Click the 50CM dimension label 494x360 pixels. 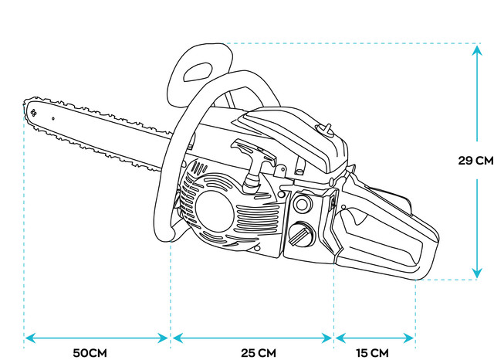[x=90, y=353]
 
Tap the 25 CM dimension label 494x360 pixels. [x=258, y=353]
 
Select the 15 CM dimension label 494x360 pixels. [x=372, y=353]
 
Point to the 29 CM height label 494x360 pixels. [x=475, y=161]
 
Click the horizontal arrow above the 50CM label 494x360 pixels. [x=96, y=338]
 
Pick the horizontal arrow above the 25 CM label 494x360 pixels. [x=252, y=338]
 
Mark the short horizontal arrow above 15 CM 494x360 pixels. [x=374, y=338]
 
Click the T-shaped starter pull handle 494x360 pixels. [x=254, y=158]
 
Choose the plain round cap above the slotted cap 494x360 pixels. [x=302, y=205]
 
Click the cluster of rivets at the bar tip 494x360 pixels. [x=34, y=113]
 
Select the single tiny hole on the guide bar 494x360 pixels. [x=53, y=119]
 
